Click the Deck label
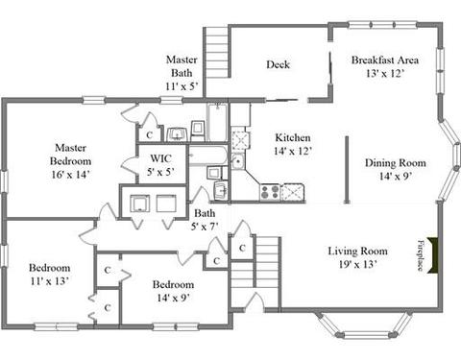click(x=278, y=64)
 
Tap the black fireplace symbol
click(x=432, y=255)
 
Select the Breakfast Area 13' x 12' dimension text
click(x=384, y=74)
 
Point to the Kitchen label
click(x=293, y=137)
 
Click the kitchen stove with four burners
click(x=270, y=192)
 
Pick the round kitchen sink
click(x=237, y=160)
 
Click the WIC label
click(x=160, y=158)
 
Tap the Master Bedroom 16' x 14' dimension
click(x=70, y=175)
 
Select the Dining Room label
click(x=396, y=163)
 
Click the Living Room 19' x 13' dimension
click(x=357, y=264)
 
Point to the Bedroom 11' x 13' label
click(x=50, y=275)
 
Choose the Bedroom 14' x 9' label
click(x=173, y=291)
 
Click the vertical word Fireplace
click(x=421, y=255)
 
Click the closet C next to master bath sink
click(x=149, y=135)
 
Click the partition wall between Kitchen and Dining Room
click(x=347, y=170)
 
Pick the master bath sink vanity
click(x=177, y=134)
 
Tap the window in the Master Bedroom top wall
click(x=94, y=100)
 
